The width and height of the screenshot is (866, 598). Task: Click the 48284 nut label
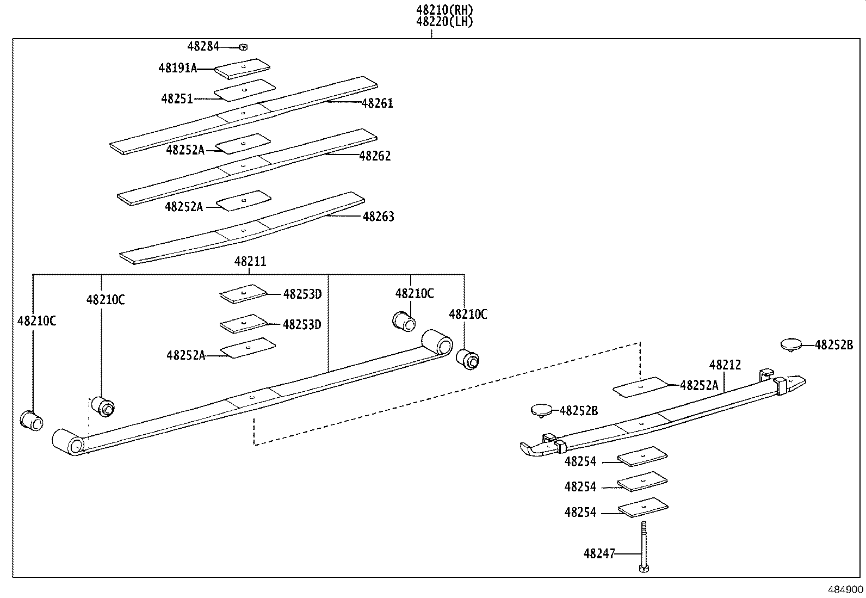pyautogui.click(x=203, y=47)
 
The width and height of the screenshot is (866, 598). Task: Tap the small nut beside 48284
pyautogui.click(x=243, y=47)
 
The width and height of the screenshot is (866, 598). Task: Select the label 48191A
pyautogui.click(x=177, y=68)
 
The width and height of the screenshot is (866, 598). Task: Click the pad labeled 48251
pyautogui.click(x=245, y=90)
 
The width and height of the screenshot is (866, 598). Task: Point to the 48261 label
pyautogui.click(x=377, y=103)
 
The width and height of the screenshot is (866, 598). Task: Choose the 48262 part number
pyautogui.click(x=375, y=156)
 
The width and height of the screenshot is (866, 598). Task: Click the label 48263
pyautogui.click(x=378, y=217)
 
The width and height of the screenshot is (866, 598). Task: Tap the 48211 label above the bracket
pyautogui.click(x=250, y=262)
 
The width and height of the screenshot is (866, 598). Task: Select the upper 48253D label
pyautogui.click(x=302, y=294)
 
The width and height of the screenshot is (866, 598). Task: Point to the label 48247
pyautogui.click(x=599, y=554)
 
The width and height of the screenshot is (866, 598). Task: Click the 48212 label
pyautogui.click(x=725, y=365)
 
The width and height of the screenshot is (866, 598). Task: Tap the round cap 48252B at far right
pyautogui.click(x=791, y=344)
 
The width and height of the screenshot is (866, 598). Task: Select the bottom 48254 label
pyautogui.click(x=580, y=513)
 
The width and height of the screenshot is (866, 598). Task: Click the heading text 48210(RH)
pyautogui.click(x=445, y=10)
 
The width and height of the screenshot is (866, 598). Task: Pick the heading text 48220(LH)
pyautogui.click(x=445, y=22)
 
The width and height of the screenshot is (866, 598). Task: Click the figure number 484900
pyautogui.click(x=846, y=590)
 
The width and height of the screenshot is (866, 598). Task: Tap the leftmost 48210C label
pyautogui.click(x=36, y=321)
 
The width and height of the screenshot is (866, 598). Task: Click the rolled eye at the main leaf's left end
pyautogui.click(x=69, y=441)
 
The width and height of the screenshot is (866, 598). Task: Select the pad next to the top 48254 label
pyautogui.click(x=642, y=456)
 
